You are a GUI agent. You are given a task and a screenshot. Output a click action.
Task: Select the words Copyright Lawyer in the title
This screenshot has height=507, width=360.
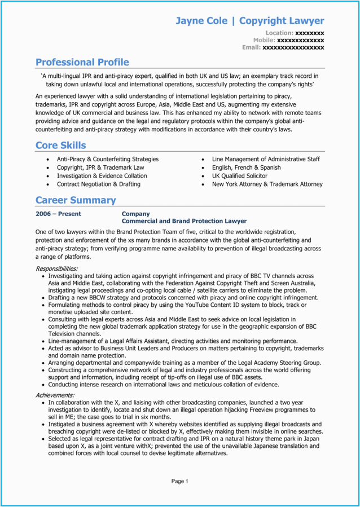pos(282,21)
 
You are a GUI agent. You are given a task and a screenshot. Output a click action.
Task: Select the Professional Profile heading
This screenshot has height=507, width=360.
pos(82,62)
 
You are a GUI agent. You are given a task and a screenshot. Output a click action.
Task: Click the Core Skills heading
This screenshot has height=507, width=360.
pos(61,146)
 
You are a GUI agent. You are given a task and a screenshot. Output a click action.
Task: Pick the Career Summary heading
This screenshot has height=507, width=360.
pos(76,200)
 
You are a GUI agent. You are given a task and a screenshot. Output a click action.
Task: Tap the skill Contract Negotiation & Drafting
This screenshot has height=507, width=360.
pos(99,184)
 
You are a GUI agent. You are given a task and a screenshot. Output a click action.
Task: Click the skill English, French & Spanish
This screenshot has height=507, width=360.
pos(247,167)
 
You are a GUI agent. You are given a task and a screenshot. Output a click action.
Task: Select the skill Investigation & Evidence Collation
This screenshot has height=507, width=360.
pos(102,176)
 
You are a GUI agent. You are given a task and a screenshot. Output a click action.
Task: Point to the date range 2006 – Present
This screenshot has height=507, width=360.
pos(58,214)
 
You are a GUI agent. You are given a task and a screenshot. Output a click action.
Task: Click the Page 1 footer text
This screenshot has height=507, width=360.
pos(179,481)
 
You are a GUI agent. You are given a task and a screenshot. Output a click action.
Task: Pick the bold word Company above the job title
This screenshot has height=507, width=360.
pos(136,214)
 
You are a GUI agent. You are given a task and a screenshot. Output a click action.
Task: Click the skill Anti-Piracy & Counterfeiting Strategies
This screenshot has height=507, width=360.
pos(108,160)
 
